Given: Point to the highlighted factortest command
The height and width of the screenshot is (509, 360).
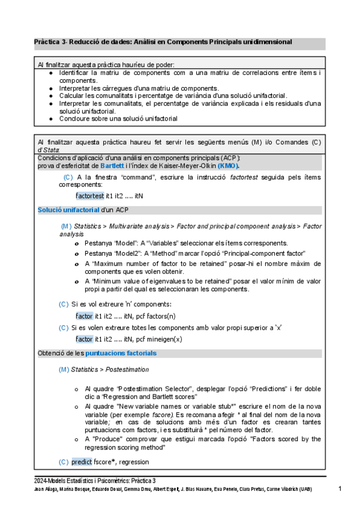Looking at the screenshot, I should tap(90, 196).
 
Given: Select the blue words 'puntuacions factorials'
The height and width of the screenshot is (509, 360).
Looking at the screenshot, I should tap(121, 353).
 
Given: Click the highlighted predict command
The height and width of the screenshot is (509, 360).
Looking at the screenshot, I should tap(82, 462).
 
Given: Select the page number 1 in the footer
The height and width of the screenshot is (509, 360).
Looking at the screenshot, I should tap(339, 489).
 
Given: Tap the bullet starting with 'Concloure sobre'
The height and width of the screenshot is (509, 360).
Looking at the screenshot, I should tap(118, 119).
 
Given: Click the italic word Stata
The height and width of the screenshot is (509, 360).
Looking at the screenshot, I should tap(48, 149).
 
